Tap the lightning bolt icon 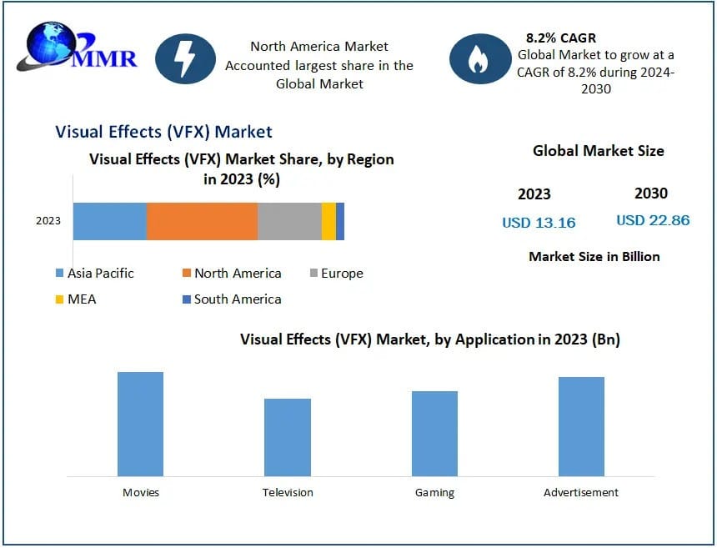(x=185, y=58)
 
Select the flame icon (x=479, y=59)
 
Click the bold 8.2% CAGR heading (x=561, y=38)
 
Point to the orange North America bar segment (x=202, y=221)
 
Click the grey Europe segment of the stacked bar (x=289, y=221)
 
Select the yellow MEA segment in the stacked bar (x=328, y=221)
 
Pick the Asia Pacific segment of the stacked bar (x=110, y=221)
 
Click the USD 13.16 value (x=539, y=222)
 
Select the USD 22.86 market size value (x=653, y=220)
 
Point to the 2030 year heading (x=651, y=193)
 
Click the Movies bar (x=140, y=424)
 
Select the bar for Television (x=288, y=437)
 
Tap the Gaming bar (x=434, y=434)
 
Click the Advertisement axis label (x=581, y=492)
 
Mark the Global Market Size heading (x=599, y=151)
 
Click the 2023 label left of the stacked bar (x=48, y=221)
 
